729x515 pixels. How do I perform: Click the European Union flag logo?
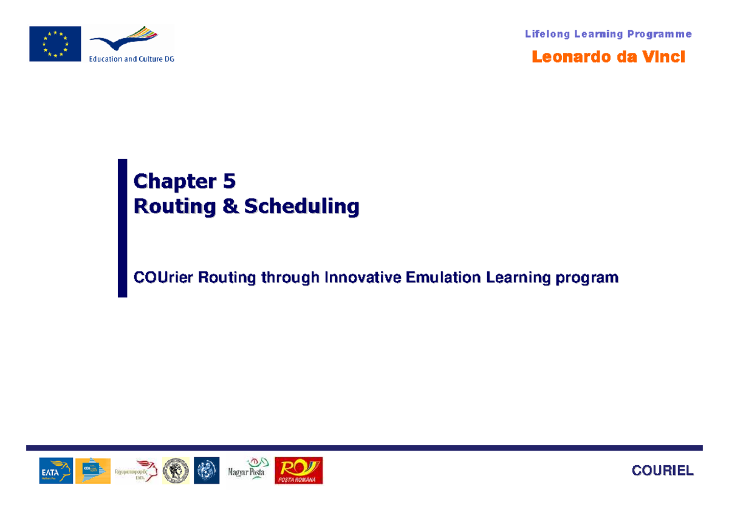55,43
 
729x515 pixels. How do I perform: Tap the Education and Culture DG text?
132,59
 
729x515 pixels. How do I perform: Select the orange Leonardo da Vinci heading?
608,57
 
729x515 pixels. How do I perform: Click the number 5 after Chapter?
229,181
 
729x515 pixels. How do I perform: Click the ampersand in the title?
230,206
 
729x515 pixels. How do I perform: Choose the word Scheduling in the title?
302,206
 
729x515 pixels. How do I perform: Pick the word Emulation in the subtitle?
443,278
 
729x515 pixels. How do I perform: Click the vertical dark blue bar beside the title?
122,228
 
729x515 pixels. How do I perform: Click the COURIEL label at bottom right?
662,471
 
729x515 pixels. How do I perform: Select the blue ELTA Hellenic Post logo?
56,471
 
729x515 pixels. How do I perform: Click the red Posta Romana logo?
299,471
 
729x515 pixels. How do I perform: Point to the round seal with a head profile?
176,471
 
